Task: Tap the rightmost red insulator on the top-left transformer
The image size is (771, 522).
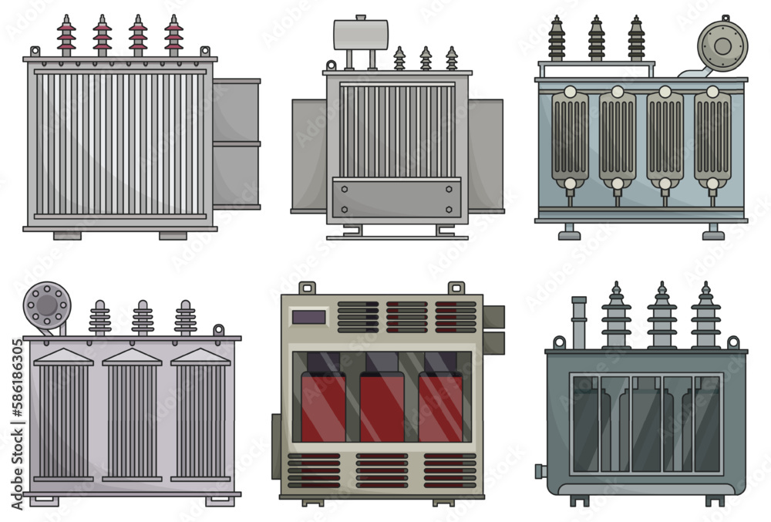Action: tap(173, 36)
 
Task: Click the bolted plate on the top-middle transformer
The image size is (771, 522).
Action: tap(395, 199)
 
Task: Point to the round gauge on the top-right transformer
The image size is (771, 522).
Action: tap(722, 45)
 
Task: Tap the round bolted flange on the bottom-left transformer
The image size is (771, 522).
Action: tap(46, 304)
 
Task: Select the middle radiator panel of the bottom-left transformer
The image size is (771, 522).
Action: tap(132, 416)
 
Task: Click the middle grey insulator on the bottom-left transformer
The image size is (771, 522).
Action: tap(142, 317)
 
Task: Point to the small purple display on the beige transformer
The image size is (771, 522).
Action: tap(310, 316)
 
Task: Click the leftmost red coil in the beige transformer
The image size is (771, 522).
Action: tap(322, 405)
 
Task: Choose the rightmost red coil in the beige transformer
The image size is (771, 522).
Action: tap(441, 405)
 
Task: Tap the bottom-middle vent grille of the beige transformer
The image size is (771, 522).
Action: tap(382, 470)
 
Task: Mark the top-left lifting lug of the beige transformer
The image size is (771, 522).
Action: tap(308, 288)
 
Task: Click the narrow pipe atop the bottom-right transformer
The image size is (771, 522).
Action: tap(578, 322)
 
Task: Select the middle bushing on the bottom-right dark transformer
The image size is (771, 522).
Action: tap(662, 316)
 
